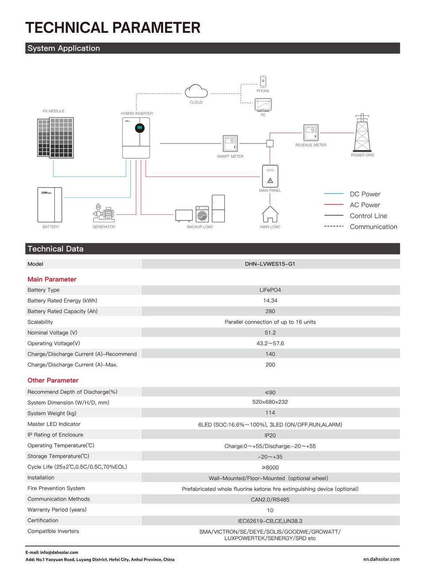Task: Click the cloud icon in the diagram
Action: click(196, 91)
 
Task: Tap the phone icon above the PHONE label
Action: click(263, 81)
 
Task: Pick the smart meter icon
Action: click(230, 144)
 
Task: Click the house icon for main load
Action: click(270, 214)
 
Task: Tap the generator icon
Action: click(104, 213)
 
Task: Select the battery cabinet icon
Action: click(50, 205)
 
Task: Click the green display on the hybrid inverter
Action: click(139, 128)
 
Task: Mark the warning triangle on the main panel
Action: click(270, 180)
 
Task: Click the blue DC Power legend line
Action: click(334, 194)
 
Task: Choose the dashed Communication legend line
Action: click(334, 226)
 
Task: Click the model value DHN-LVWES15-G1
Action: click(270, 264)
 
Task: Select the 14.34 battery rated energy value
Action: click(270, 301)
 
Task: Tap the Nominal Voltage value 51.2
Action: click(270, 333)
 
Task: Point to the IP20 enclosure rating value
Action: click(270, 435)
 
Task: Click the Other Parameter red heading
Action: click(53, 380)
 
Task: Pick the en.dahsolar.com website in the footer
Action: click(381, 559)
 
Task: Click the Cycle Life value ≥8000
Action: click(270, 468)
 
